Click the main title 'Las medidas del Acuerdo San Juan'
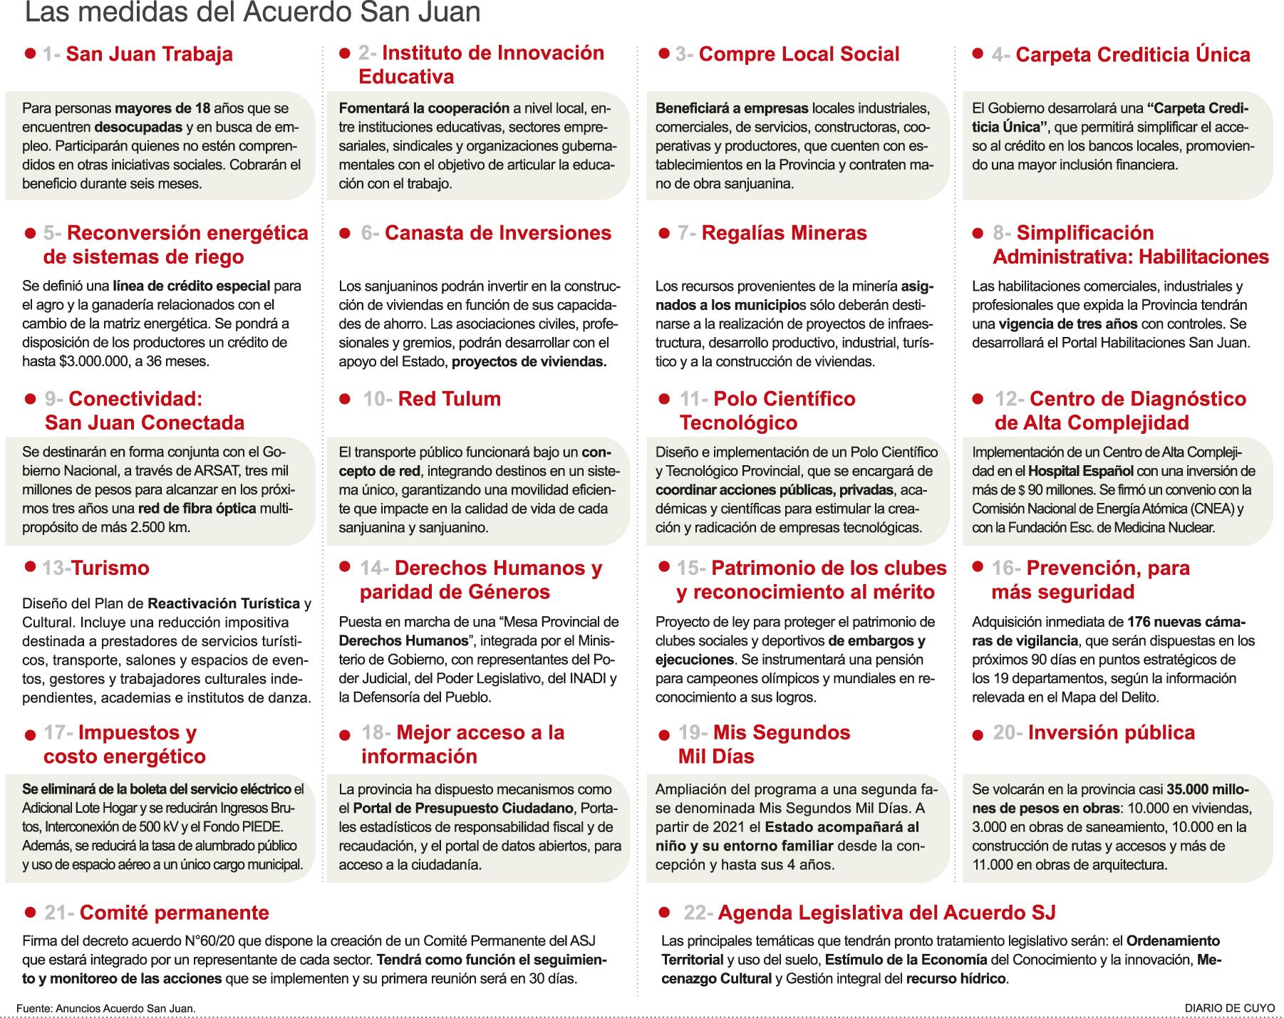coord(252,13)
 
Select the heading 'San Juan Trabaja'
coord(149,54)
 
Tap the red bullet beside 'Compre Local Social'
coord(664,53)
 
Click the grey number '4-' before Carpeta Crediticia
coord(1000,55)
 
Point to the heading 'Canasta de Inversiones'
coord(497,233)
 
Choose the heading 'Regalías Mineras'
coord(784,233)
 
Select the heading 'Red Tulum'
coord(449,399)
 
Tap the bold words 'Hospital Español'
coord(1080,471)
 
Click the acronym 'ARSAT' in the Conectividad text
coord(214,471)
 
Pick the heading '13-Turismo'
coord(95,568)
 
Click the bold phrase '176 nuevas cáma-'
coord(1186,622)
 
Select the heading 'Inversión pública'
coord(1111,732)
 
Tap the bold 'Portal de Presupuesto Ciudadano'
coord(462,809)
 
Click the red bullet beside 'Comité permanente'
coord(30,912)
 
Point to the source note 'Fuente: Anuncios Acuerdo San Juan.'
coord(106,1008)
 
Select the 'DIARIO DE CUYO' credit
coord(1230,1008)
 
